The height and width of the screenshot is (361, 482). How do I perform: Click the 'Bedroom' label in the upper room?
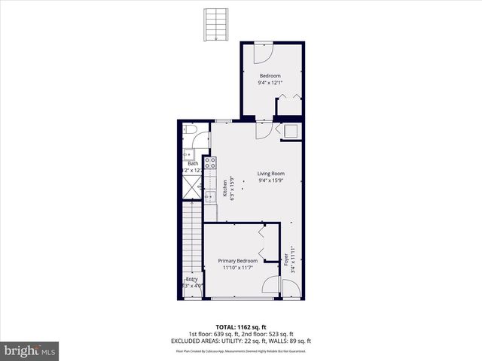click(x=270, y=76)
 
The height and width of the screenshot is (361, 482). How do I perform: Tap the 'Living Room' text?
click(x=271, y=173)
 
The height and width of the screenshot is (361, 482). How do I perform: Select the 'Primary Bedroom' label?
click(x=238, y=261)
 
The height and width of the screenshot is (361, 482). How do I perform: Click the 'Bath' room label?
click(x=193, y=163)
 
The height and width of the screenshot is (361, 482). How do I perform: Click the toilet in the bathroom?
click(x=191, y=133)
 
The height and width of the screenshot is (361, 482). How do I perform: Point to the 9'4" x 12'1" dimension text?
click(x=270, y=83)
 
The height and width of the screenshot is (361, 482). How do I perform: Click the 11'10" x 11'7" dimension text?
click(x=238, y=268)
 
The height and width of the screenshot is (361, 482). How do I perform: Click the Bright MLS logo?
click(x=30, y=350)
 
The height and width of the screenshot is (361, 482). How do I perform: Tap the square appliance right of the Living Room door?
click(x=291, y=131)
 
